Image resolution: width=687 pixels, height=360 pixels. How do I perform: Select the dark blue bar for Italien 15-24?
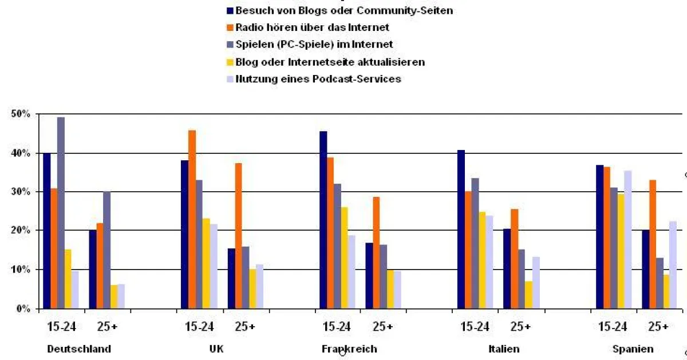[461, 229]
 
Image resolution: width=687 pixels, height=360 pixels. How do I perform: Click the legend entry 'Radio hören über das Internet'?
[312, 27]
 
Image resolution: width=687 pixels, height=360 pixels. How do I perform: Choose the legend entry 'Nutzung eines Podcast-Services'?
[318, 78]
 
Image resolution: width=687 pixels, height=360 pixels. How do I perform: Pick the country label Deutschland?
[79, 349]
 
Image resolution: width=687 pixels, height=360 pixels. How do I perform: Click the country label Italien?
[504, 349]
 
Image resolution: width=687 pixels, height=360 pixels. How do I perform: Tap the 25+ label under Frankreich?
[382, 327]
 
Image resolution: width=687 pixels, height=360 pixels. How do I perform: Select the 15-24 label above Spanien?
[612, 327]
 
